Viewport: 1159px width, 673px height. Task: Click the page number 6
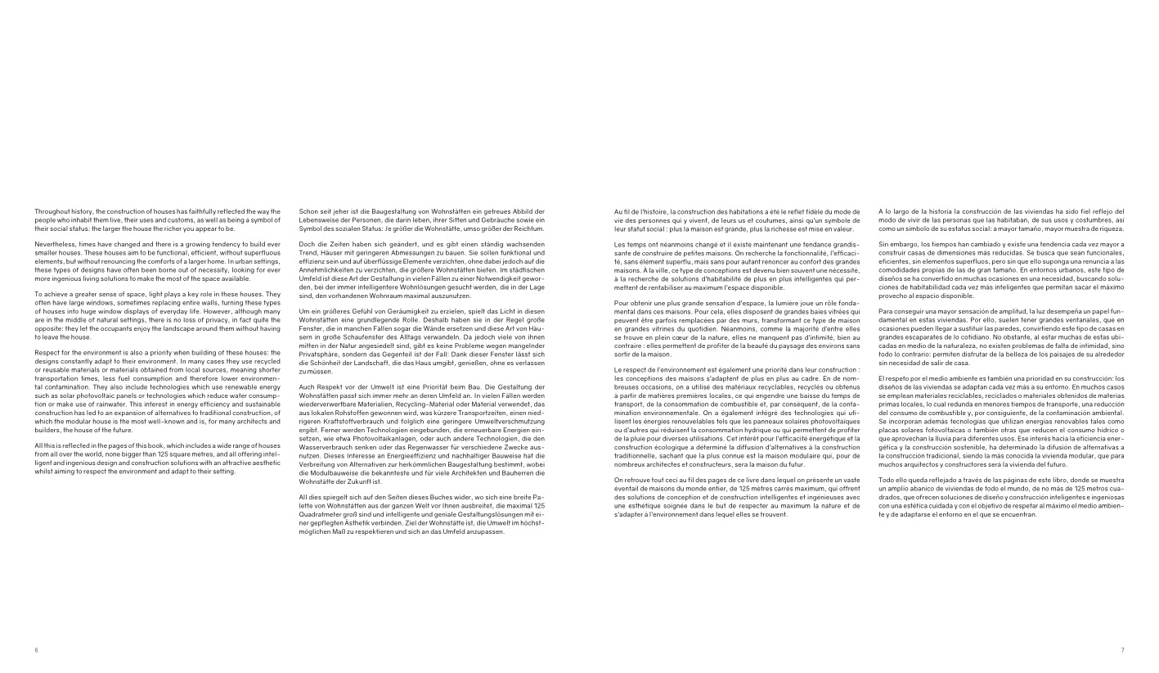37,649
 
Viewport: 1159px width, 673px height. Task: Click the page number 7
1122,649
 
